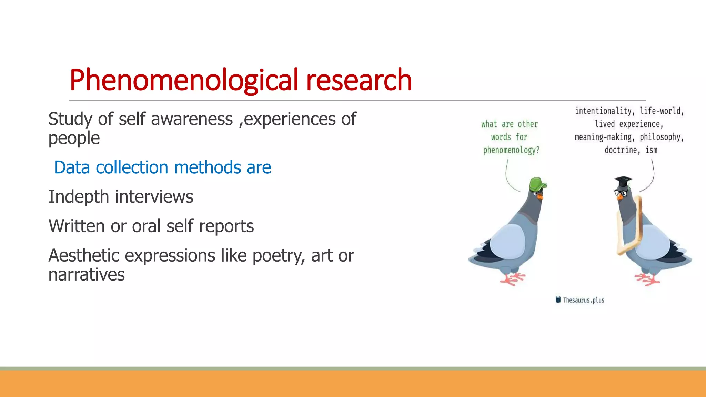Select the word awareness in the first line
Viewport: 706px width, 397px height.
click(x=192, y=119)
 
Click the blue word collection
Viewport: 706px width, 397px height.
click(x=132, y=167)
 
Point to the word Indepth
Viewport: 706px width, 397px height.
click(x=79, y=197)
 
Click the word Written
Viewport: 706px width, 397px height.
click(x=77, y=226)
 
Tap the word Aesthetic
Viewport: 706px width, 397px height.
click(x=84, y=256)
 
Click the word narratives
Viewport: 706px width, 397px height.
click(x=86, y=275)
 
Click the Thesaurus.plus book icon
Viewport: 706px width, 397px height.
click(x=558, y=300)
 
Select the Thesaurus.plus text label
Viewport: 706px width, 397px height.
click(x=584, y=300)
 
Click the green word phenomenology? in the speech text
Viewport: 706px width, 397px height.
click(x=511, y=150)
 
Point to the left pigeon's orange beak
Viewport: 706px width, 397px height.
click(x=540, y=196)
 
